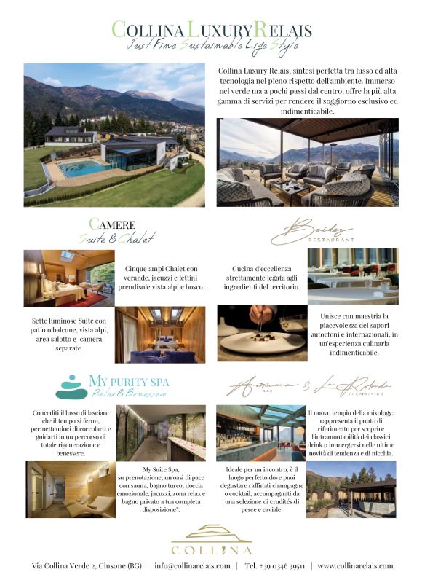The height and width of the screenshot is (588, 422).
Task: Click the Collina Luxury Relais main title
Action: click(211, 29)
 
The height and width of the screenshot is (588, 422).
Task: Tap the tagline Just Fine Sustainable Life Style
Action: click(211, 45)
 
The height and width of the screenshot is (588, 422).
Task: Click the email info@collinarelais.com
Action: click(193, 565)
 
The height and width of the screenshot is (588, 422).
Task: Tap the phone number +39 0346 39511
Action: click(275, 565)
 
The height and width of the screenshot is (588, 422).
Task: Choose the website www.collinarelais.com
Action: click(355, 565)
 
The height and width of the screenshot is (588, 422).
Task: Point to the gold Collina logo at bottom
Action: click(211, 539)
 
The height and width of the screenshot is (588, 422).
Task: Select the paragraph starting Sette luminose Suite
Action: click(69, 333)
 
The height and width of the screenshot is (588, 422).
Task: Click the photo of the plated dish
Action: click(262, 334)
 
